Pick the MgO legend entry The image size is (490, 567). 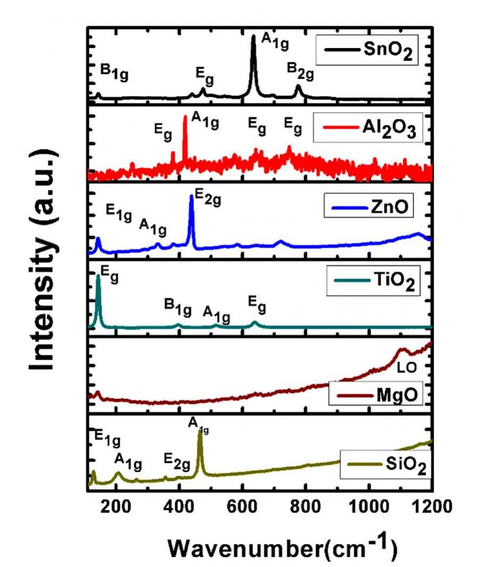click(x=373, y=396)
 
